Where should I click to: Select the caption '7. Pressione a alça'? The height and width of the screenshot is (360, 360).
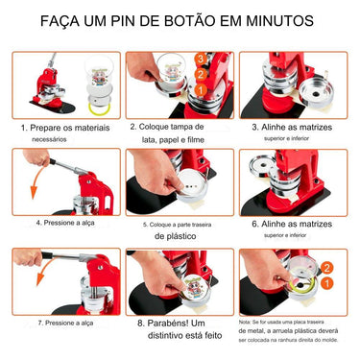[60, 324]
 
